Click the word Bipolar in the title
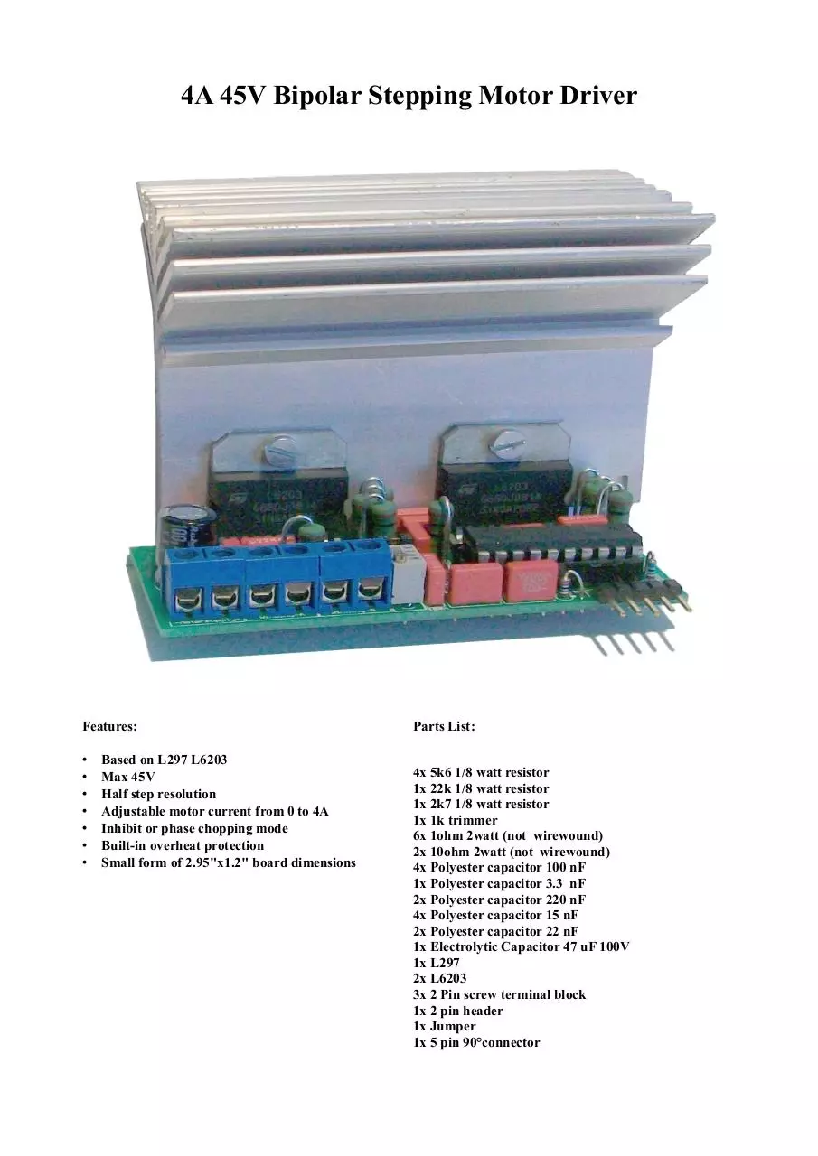pos(316,96)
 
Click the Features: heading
pos(110,727)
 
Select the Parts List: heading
pos(444,727)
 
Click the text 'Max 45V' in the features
pos(128,777)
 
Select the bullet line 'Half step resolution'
pos(158,794)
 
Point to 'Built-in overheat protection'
pos(183,846)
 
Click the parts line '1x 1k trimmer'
pos(455,820)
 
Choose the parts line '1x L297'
pos(436,963)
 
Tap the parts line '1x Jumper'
pos(444,1026)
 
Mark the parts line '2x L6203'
pos(439,978)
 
